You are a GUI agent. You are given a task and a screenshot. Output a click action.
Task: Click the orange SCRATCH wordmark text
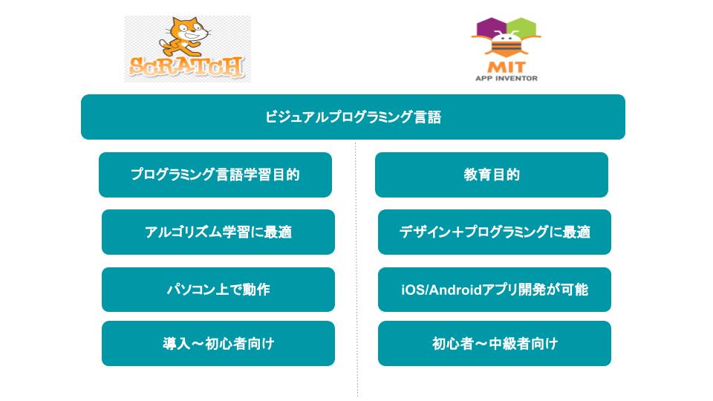(186, 67)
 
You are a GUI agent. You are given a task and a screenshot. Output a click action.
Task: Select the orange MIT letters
(506, 67)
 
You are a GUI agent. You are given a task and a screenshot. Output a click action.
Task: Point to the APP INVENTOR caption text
(506, 78)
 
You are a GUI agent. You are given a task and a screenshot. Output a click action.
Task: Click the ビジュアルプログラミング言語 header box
(353, 117)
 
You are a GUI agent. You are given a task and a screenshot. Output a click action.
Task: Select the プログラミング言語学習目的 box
(215, 175)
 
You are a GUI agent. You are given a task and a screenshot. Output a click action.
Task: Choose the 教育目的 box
(492, 175)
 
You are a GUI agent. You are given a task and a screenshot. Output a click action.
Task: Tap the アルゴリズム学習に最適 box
(218, 232)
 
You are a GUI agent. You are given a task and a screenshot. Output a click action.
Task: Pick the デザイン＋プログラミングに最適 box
(495, 232)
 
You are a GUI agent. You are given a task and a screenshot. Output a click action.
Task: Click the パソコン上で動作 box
(218, 290)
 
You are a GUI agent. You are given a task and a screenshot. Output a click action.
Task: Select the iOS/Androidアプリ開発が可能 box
(495, 290)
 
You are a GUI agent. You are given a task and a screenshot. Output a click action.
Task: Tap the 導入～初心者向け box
(218, 343)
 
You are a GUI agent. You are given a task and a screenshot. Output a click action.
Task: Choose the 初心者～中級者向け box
(495, 343)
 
